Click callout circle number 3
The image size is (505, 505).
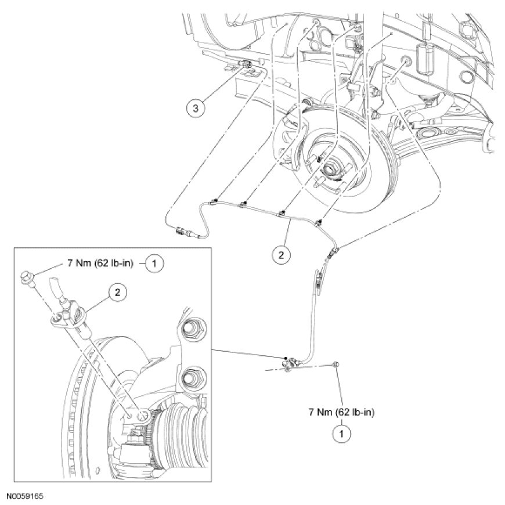pos(196,108)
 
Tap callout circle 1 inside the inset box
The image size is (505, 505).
pos(154,263)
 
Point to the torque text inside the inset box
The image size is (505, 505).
pos(99,263)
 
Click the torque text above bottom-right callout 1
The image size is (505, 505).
pos(342,412)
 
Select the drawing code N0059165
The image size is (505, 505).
pos(26,497)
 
